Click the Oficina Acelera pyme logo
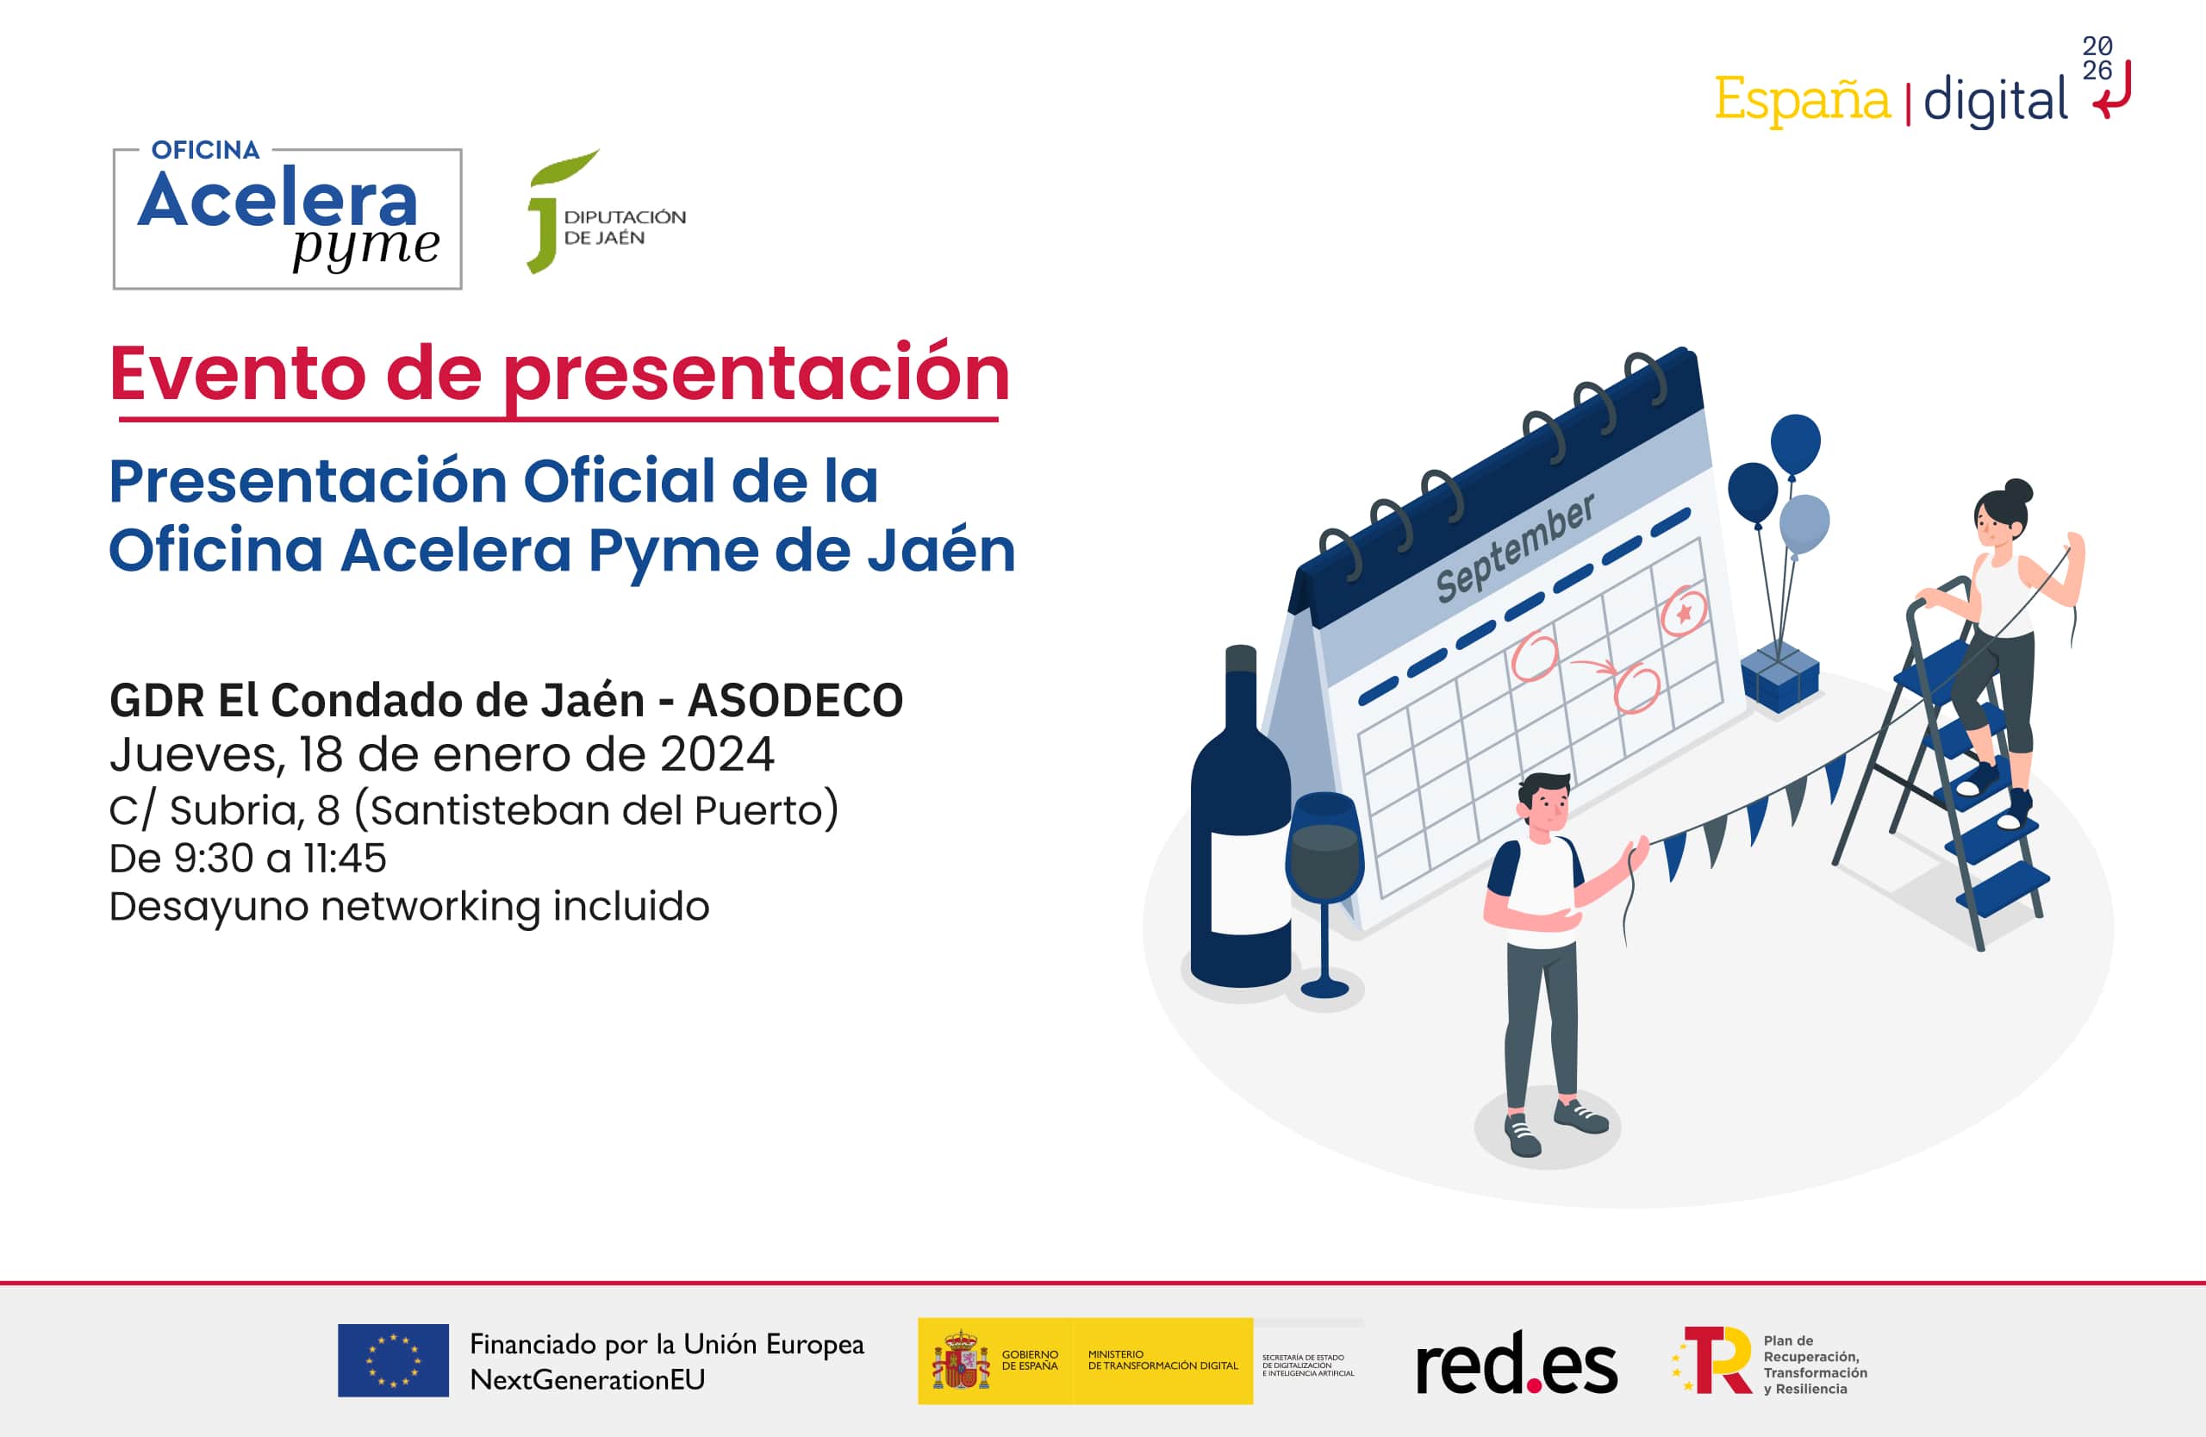click(x=287, y=218)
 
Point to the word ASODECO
click(x=795, y=700)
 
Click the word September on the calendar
click(x=1515, y=548)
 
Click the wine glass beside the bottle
click(x=1324, y=881)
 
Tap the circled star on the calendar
click(x=1683, y=612)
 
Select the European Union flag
click(x=393, y=1360)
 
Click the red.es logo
click(x=1517, y=1364)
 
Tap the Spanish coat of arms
click(x=961, y=1361)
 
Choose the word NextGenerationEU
click(x=587, y=1380)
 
